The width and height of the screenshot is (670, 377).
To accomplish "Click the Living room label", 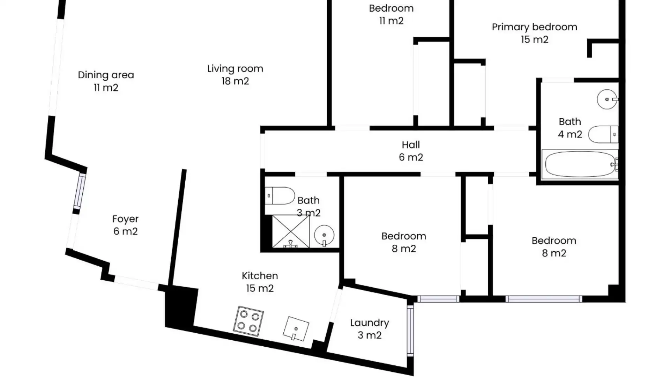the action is pyautogui.click(x=235, y=68).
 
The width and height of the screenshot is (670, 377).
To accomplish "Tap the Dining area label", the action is pyautogui.click(x=106, y=75).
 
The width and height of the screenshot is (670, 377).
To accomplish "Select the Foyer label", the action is pyautogui.click(x=125, y=219).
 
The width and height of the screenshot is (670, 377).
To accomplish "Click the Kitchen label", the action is pyautogui.click(x=260, y=276).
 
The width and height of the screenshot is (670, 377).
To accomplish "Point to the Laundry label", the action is pyautogui.click(x=370, y=323).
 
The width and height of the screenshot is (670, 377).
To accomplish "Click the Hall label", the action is pyautogui.click(x=411, y=145).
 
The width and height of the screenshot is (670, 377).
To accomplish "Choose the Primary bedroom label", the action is pyautogui.click(x=535, y=27).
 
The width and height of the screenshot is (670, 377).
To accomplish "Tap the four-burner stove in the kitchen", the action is pyautogui.click(x=248, y=321).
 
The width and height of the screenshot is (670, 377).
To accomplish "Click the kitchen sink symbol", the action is pyautogui.click(x=296, y=328).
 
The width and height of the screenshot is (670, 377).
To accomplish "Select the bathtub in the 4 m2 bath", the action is pyautogui.click(x=580, y=164).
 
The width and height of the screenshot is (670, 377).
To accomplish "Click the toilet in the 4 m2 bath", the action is pyautogui.click(x=603, y=134).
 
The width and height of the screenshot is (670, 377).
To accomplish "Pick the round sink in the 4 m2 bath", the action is pyautogui.click(x=607, y=99).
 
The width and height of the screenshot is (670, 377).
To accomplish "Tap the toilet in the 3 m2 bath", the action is pyautogui.click(x=280, y=196).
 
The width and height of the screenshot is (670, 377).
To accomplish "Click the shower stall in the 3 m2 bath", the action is pyautogui.click(x=291, y=231).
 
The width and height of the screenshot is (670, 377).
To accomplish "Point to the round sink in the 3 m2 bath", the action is pyautogui.click(x=324, y=235).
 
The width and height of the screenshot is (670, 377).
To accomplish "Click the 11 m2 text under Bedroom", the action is pyautogui.click(x=391, y=21).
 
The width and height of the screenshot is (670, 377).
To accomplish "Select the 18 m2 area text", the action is pyautogui.click(x=235, y=81).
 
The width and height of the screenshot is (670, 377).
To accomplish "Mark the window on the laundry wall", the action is pyautogui.click(x=410, y=331).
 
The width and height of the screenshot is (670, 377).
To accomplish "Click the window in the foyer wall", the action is pyautogui.click(x=80, y=192).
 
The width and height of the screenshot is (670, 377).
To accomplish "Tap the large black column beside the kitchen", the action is pyautogui.click(x=181, y=307).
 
